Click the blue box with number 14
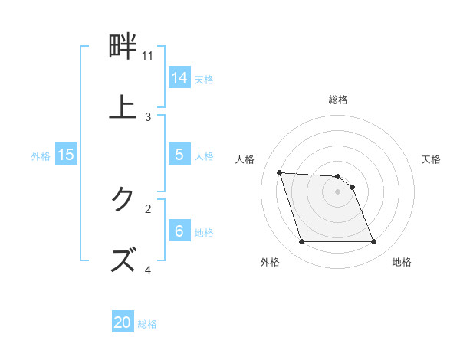pyautogui.click(x=179, y=77)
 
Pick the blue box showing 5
pyautogui.click(x=179, y=155)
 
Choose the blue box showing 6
pyautogui.click(x=179, y=231)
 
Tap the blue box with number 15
pyautogui.click(x=66, y=155)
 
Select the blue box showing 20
pyautogui.click(x=123, y=322)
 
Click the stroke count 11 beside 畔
pyautogui.click(x=148, y=56)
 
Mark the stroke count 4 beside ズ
pyautogui.click(x=148, y=270)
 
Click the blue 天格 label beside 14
pyautogui.click(x=204, y=79)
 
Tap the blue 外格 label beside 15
pyautogui.click(x=41, y=155)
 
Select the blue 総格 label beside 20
pyautogui.click(x=147, y=324)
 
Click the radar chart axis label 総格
pyautogui.click(x=338, y=100)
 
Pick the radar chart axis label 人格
pyautogui.click(x=245, y=159)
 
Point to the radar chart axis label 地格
pyautogui.click(x=402, y=262)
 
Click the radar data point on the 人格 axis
pyautogui.click(x=280, y=172)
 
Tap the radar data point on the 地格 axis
pyautogui.click(x=373, y=242)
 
